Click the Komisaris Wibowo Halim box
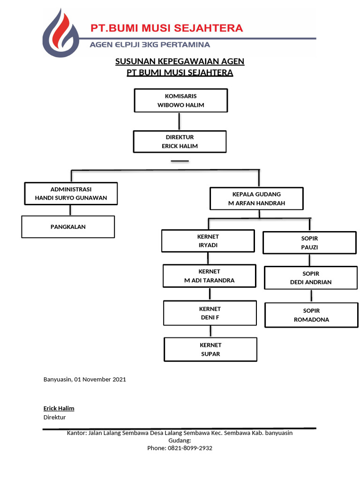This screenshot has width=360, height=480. click(181, 100)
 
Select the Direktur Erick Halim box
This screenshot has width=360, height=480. click(180, 142)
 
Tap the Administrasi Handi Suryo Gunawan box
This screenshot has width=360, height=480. click(71, 194)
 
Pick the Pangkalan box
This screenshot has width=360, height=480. click(68, 227)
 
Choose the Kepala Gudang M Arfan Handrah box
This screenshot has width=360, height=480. click(256, 199)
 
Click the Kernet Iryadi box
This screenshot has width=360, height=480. click(208, 241)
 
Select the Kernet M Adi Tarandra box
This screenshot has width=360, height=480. click(209, 276)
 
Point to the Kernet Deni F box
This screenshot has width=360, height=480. click(210, 313)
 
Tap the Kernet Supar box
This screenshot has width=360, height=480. click(210, 349)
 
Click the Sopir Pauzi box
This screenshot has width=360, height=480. click(309, 243)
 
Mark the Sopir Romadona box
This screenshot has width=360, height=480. click(311, 315)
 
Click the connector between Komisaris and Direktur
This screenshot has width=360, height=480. click(178, 121)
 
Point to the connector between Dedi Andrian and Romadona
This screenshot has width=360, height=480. click(311, 296)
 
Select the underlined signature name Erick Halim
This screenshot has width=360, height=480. click(59, 408)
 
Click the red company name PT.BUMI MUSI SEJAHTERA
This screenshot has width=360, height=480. click(167, 28)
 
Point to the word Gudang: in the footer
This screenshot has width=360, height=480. click(180, 441)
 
